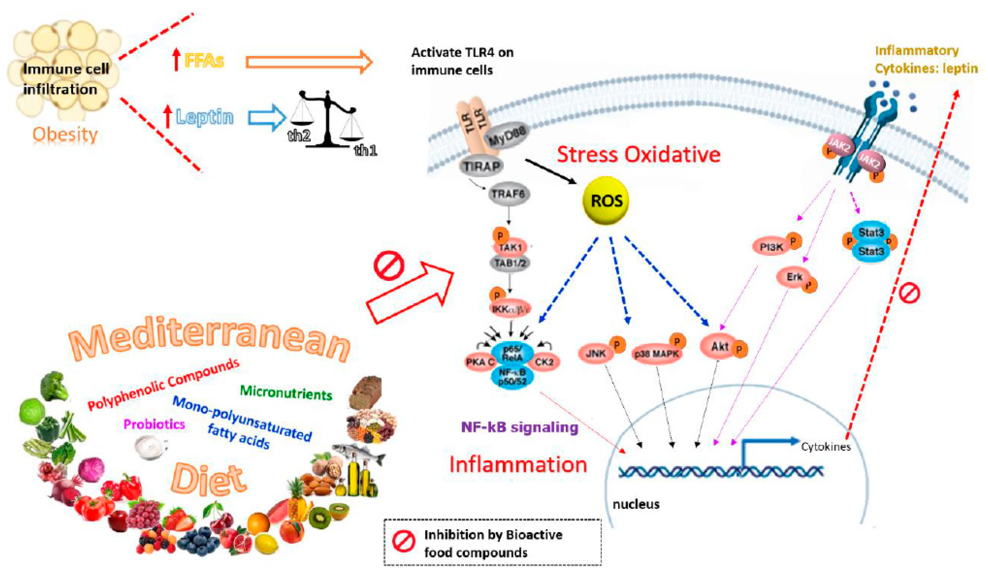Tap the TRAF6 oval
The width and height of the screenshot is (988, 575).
tap(509, 194)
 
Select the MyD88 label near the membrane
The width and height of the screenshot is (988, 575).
tap(507, 136)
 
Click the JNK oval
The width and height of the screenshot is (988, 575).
tap(596, 354)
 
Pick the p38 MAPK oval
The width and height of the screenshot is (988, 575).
tap(656, 354)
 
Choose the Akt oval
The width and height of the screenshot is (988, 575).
tap(720, 347)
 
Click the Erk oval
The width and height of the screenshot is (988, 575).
tap(794, 277)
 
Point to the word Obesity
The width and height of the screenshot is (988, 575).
tap(65, 135)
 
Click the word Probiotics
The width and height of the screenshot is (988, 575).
tap(154, 424)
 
